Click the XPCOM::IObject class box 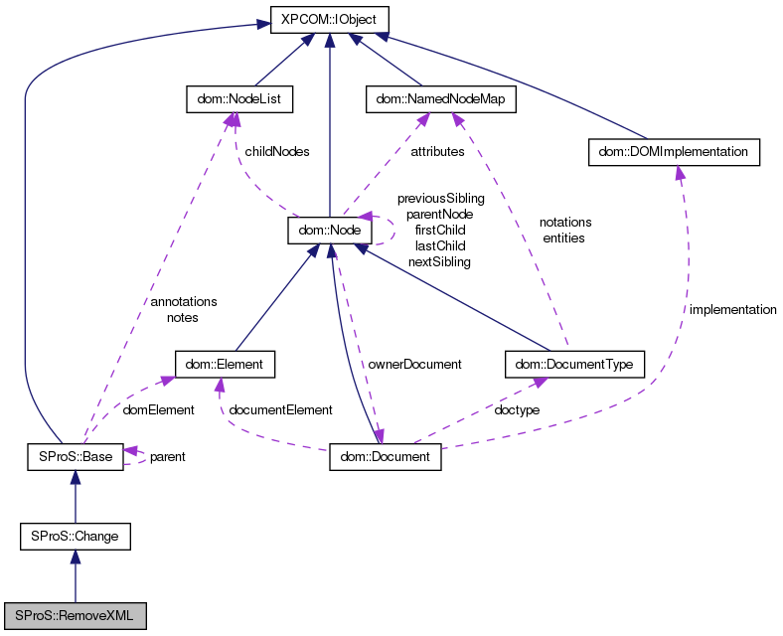click(x=329, y=19)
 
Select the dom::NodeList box click(x=231, y=99)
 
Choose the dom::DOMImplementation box click(x=674, y=152)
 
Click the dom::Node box click(x=329, y=232)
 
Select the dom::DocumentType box click(x=574, y=365)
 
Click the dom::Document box click(x=385, y=457)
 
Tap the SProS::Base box click(x=75, y=457)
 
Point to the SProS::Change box click(x=75, y=537)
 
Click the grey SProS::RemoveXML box click(x=75, y=616)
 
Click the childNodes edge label click(x=276, y=152)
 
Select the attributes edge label click(x=437, y=152)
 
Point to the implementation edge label click(x=732, y=310)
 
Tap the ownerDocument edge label click(x=414, y=365)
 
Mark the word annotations click(x=183, y=301)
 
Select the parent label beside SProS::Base click(x=167, y=457)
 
